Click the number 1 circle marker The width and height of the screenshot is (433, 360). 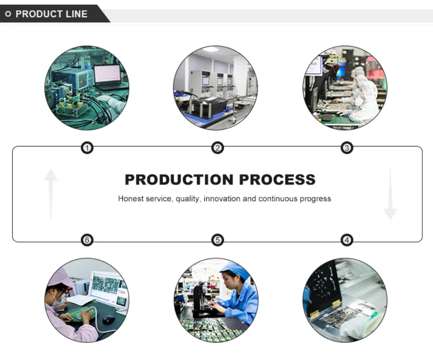[x=87, y=148]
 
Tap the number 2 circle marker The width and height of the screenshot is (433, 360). [x=217, y=148]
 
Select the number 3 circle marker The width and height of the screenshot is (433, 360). [x=347, y=148]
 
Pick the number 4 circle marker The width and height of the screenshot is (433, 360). [x=347, y=240]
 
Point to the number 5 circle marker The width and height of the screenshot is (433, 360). [x=217, y=240]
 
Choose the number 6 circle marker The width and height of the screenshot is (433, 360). [x=87, y=240]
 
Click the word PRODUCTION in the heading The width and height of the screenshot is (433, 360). [x=179, y=180]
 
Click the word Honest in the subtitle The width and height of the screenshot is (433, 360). [x=130, y=199]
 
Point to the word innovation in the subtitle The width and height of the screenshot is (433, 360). [x=223, y=199]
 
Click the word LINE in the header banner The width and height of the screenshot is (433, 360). [x=76, y=14]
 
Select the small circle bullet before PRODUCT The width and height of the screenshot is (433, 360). [x=8, y=14]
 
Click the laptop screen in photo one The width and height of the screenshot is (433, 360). [x=107, y=74]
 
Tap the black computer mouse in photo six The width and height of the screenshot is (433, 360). [x=108, y=319]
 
